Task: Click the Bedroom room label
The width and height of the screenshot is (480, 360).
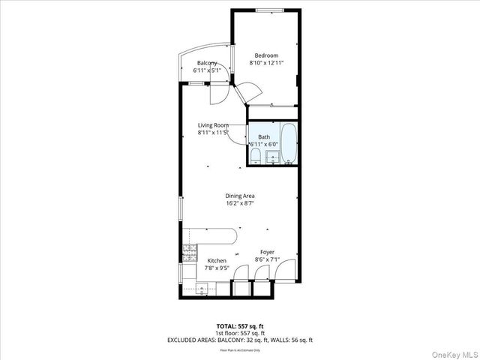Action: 266,55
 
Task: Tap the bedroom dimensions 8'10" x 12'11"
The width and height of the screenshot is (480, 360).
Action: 266,64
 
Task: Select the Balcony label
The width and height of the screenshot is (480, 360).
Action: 207,63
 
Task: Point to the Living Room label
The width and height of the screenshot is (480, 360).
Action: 213,125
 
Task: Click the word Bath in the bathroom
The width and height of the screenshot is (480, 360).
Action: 264,136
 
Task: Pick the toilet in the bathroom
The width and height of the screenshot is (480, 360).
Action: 256,155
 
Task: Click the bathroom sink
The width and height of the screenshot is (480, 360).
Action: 271,156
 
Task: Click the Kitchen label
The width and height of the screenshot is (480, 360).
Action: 216,261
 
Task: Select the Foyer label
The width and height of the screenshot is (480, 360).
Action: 267,252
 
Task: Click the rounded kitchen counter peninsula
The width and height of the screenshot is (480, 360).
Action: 225,235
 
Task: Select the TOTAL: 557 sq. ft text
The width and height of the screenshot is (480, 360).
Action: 240,326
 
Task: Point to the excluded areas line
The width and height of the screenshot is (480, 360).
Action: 240,340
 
